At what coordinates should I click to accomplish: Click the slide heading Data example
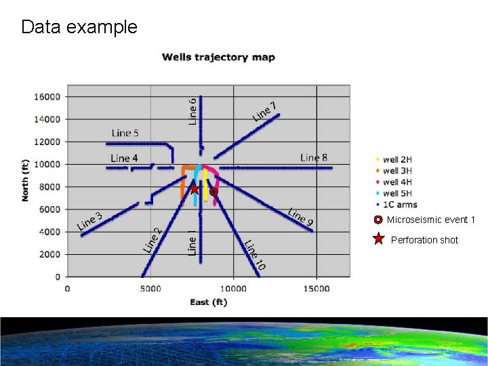79,27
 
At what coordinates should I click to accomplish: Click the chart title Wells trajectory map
218,58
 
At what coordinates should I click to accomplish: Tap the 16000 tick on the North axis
47,96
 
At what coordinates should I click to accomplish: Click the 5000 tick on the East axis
150,289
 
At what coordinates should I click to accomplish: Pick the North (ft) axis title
26,180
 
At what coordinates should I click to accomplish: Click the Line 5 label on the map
125,133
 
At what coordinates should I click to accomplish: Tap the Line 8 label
314,157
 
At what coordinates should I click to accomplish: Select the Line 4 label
124,158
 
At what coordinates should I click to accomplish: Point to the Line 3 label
89,220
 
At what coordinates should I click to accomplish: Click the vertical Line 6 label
192,111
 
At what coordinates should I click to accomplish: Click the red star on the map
195,189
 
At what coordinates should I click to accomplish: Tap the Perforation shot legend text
424,240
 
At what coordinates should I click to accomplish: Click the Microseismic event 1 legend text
431,220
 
